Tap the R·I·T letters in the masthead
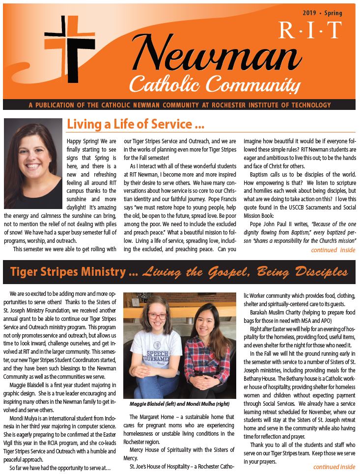tap(309, 30)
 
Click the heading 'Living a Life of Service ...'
tap(135, 125)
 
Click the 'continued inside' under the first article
tap(333, 250)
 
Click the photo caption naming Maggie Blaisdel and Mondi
tap(179, 404)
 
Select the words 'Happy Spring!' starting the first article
tap(82, 141)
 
